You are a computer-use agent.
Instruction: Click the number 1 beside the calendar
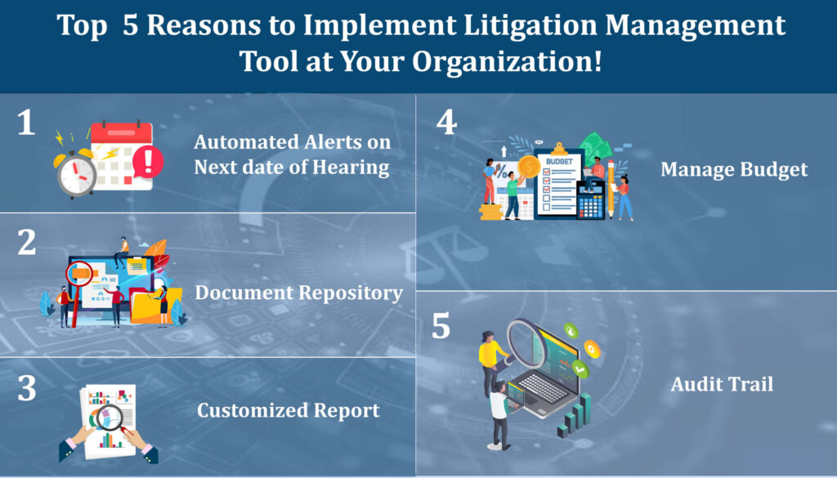pyautogui.click(x=26, y=123)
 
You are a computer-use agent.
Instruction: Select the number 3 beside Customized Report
pyautogui.click(x=27, y=388)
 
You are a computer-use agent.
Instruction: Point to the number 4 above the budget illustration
pyautogui.click(x=447, y=123)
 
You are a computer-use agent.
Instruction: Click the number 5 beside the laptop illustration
pyautogui.click(x=441, y=325)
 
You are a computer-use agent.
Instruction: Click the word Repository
pyautogui.click(x=350, y=293)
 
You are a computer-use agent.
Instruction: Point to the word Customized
pyautogui.click(x=253, y=410)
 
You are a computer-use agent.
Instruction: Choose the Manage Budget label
pyautogui.click(x=734, y=170)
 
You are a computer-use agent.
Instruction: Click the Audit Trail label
pyautogui.click(x=722, y=384)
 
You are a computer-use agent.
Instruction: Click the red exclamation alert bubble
pyautogui.click(x=148, y=162)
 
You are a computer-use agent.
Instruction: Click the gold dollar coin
pyautogui.click(x=529, y=167)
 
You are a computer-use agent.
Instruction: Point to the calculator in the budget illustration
pyautogui.click(x=590, y=200)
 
